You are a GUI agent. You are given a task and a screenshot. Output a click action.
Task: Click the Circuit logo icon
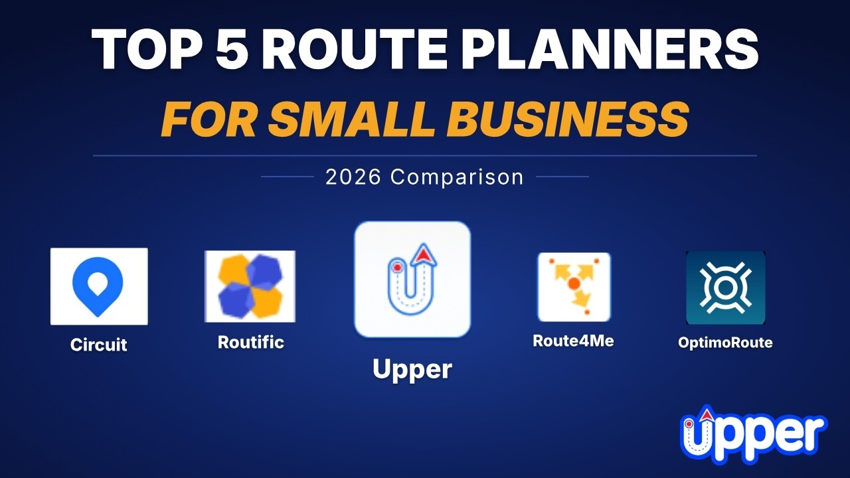click(99, 286)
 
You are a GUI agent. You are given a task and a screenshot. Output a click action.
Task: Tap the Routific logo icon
click(250, 286)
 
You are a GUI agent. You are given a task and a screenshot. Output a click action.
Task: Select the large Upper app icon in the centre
click(412, 279)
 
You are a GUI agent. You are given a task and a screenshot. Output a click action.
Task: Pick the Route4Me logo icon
click(574, 287)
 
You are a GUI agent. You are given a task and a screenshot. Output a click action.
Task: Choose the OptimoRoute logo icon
click(725, 287)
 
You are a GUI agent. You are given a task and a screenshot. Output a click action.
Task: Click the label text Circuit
click(99, 345)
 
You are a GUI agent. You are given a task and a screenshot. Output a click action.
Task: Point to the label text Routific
click(250, 343)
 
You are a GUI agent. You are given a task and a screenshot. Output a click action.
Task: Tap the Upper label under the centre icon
click(412, 369)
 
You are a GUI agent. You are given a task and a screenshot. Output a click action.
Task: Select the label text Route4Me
click(573, 341)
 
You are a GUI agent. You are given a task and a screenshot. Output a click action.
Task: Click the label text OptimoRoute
click(725, 343)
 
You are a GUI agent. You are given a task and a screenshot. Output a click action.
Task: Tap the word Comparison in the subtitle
click(457, 177)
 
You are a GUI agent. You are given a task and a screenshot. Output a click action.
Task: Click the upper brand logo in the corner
click(753, 435)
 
